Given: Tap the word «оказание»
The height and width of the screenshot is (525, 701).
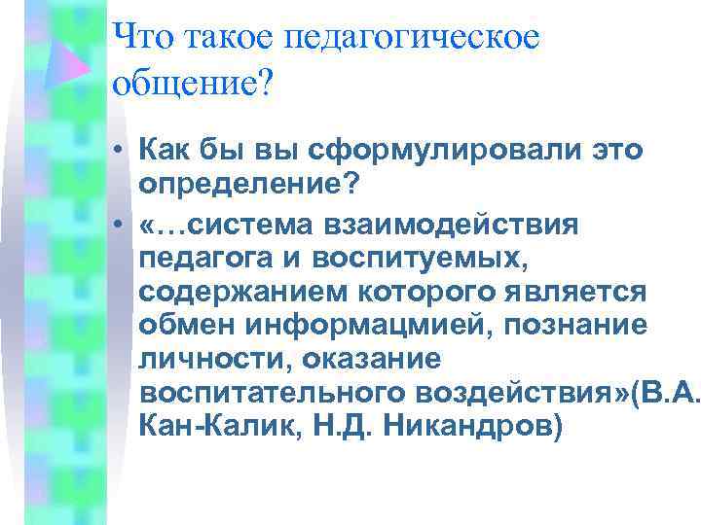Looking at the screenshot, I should click(x=366, y=361).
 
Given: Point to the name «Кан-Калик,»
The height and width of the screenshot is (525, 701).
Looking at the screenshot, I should click(x=221, y=428).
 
